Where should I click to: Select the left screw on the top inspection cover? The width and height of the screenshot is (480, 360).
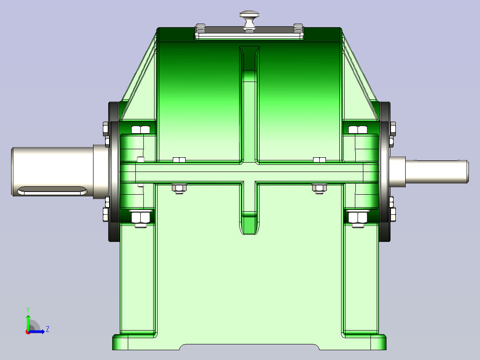200,29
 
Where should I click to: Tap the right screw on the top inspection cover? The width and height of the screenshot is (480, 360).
298,29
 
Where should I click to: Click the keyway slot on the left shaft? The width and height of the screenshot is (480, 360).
52,191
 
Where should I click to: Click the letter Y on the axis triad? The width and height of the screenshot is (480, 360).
28,309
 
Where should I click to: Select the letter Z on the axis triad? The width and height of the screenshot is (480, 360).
47,329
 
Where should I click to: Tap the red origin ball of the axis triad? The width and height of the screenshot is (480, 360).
28,331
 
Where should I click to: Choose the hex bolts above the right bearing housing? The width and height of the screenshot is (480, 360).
358,130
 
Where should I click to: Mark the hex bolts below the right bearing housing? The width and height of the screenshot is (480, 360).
358,218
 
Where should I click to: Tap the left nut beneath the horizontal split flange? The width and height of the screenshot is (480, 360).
179,188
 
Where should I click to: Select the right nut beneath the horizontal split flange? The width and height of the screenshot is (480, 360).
319,188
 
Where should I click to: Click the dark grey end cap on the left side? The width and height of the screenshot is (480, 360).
114,172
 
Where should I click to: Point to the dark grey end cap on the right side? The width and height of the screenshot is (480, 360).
385,172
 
